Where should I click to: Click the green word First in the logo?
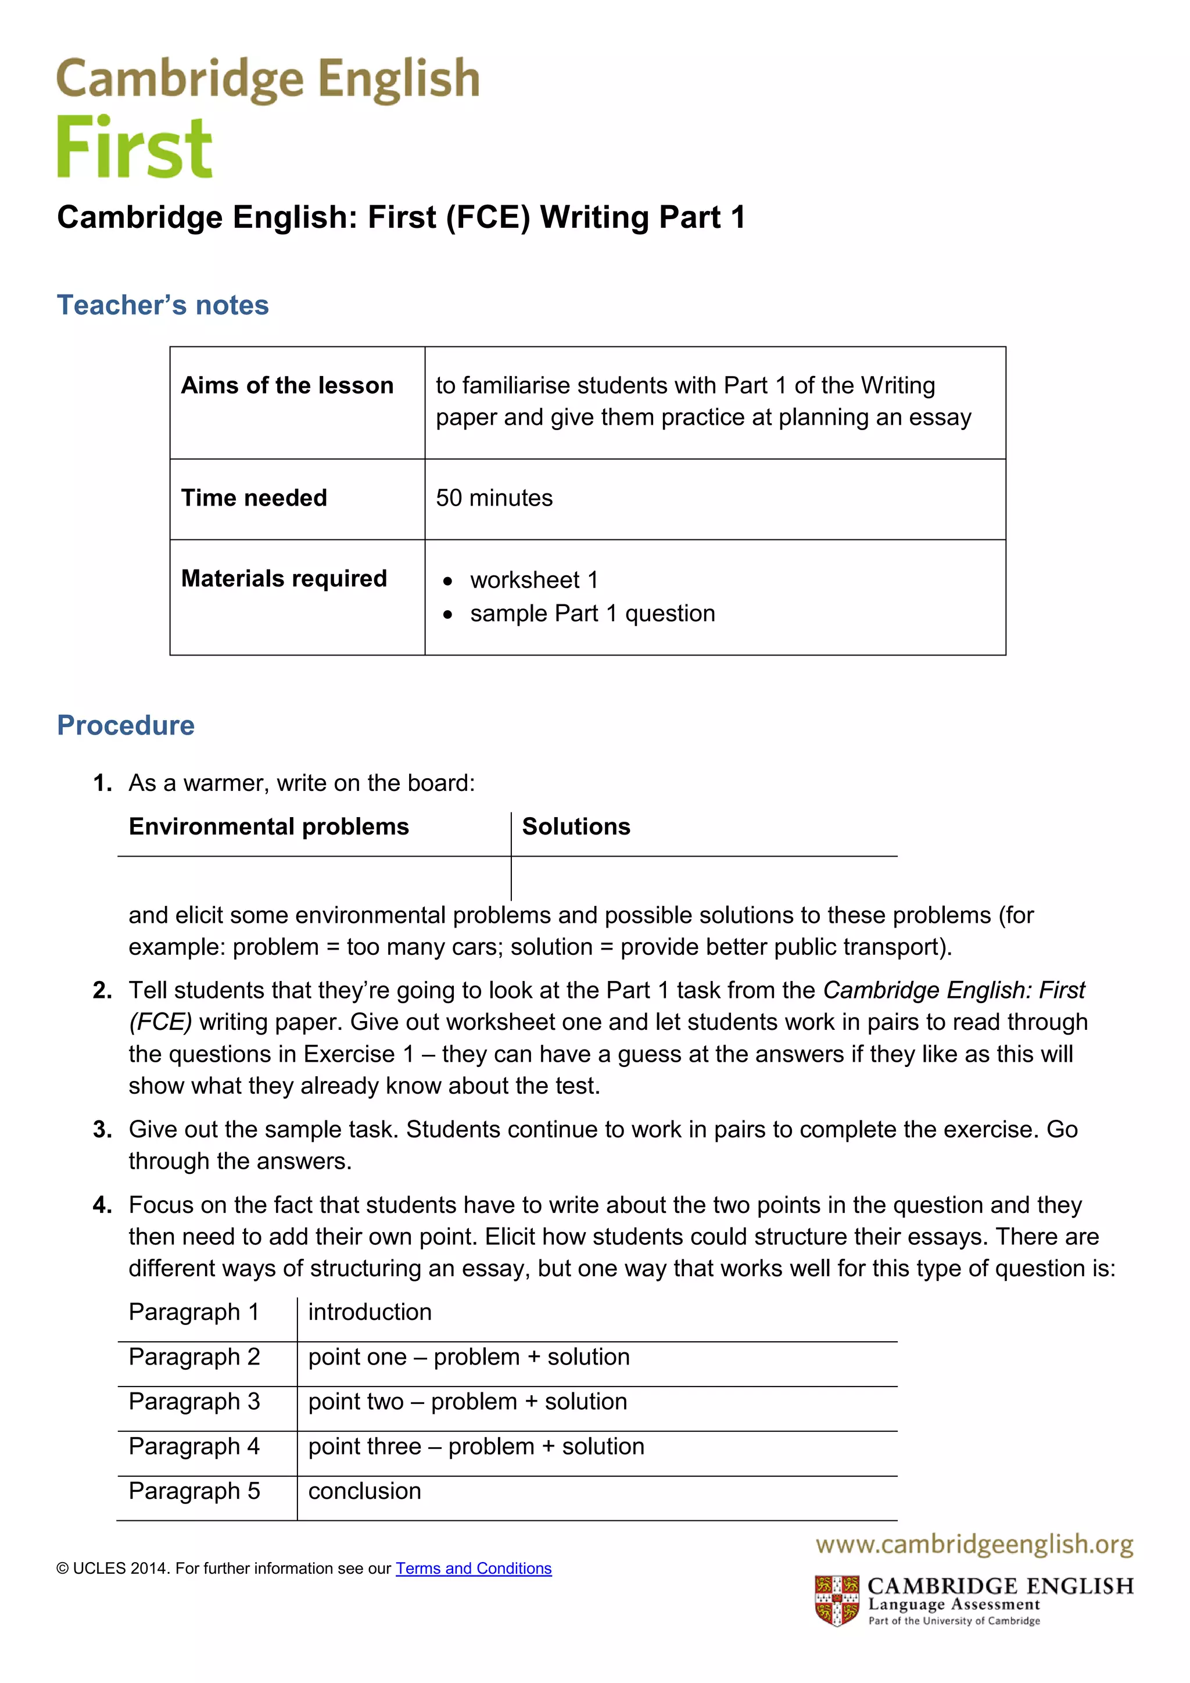(x=134, y=148)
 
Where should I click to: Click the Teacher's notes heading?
(x=163, y=305)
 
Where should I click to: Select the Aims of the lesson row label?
(x=286, y=385)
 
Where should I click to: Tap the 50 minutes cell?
(x=494, y=497)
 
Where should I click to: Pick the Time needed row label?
(x=253, y=497)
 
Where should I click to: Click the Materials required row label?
(x=284, y=578)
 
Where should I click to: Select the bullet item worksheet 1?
(x=533, y=580)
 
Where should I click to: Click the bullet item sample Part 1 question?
(x=592, y=614)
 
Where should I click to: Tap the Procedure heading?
(x=126, y=725)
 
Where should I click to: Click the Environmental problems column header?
(x=268, y=827)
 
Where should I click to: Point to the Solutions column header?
(x=576, y=827)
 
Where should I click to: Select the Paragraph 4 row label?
(x=194, y=1446)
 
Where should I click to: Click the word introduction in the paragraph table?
(x=370, y=1312)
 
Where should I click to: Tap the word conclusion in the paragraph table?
(x=364, y=1491)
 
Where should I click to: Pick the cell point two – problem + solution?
(x=468, y=1402)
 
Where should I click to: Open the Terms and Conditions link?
(x=474, y=1569)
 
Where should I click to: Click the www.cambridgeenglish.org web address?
(x=974, y=1545)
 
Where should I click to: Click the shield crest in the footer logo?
(x=837, y=1601)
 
